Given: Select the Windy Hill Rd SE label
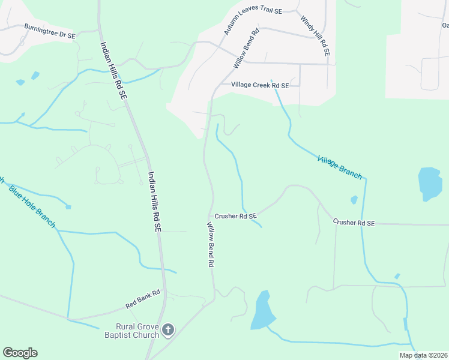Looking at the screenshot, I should [x=316, y=37].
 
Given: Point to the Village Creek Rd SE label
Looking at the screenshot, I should [x=260, y=86].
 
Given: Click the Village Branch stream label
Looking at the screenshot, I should [x=340, y=167].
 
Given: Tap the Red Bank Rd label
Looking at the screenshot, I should [x=143, y=298].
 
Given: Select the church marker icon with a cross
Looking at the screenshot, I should [x=169, y=329].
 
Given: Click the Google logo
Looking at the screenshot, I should [x=20, y=353].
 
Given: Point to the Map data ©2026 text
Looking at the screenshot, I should [x=423, y=355].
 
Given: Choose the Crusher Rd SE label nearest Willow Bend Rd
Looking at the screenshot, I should [x=235, y=215].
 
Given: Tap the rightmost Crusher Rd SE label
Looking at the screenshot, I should [x=354, y=223].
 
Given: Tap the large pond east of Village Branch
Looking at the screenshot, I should [x=429, y=183].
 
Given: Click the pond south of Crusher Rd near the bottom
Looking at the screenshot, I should [x=262, y=310].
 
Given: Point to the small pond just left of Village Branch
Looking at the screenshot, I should [x=354, y=200].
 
